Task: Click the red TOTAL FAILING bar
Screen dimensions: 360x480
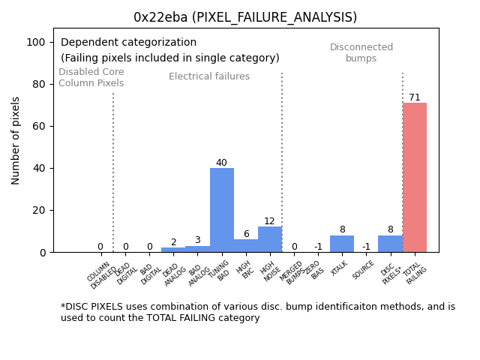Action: [415, 178]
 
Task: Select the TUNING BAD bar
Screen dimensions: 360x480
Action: [222, 210]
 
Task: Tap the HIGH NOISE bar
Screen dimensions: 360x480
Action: [270, 239]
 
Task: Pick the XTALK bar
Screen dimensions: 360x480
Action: [342, 244]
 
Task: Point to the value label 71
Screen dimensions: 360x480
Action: [415, 97]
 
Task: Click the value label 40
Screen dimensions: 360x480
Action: [221, 163]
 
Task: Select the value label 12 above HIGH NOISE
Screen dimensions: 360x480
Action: [269, 221]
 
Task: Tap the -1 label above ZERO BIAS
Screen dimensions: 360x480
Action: [318, 247]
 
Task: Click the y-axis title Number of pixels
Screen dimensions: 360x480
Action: [16, 140]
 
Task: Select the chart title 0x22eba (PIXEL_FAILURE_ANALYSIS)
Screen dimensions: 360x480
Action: [245, 17]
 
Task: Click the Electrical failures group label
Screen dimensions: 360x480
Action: [209, 76]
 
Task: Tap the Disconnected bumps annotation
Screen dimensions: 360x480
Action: [361, 52]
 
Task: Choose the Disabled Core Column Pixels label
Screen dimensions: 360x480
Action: [91, 77]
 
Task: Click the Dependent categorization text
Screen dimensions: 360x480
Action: [128, 43]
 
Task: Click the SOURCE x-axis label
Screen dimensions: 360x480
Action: [364, 270]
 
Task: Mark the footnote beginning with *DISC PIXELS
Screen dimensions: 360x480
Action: [258, 312]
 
